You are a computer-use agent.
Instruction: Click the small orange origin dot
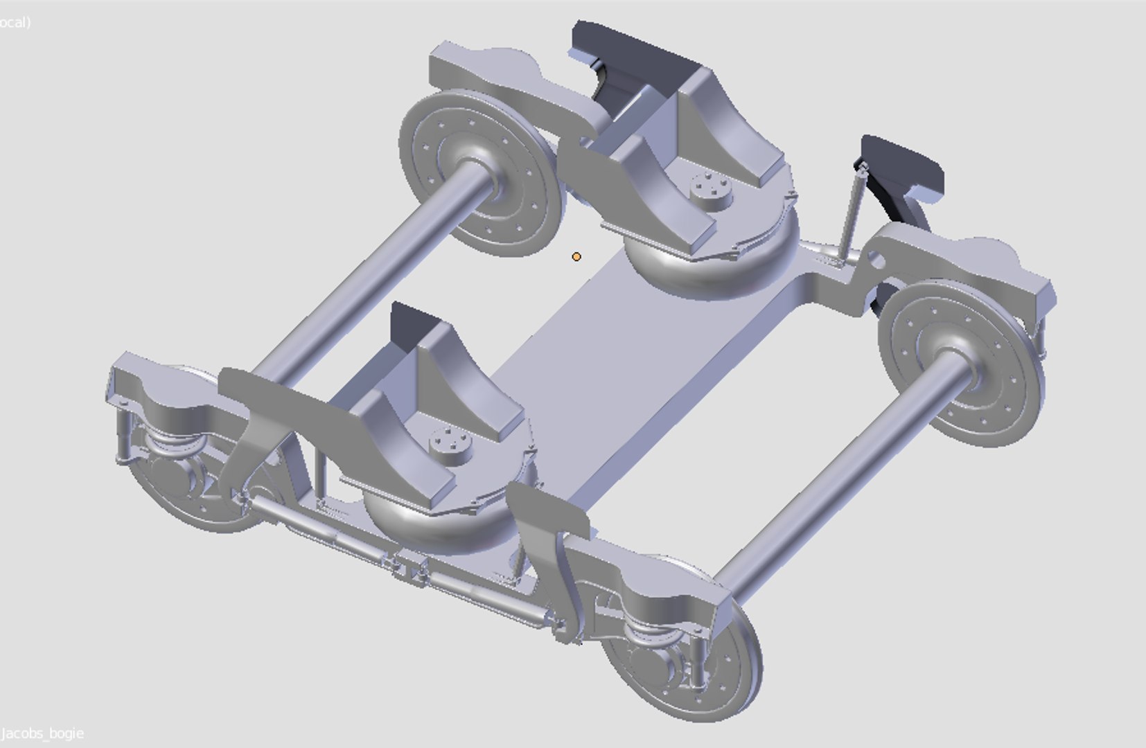click(576, 257)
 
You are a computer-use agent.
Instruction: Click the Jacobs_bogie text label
click(43, 733)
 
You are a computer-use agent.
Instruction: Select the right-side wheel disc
click(960, 368)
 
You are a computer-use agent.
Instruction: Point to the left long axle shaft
click(367, 277)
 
